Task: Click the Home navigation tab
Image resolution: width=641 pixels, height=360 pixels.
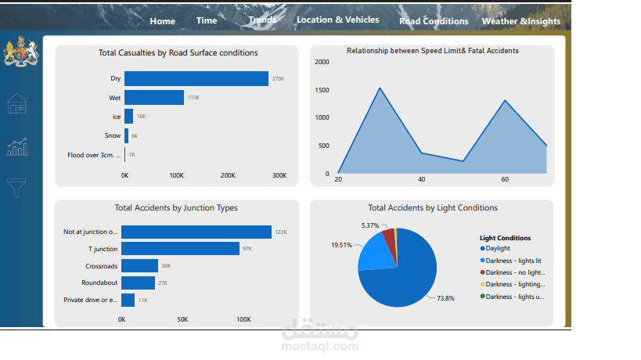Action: (163, 21)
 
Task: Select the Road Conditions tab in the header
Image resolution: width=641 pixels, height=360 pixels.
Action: (434, 21)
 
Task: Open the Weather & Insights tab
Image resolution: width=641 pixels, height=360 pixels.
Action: (521, 21)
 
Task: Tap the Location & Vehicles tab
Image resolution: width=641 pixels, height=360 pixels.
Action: (337, 20)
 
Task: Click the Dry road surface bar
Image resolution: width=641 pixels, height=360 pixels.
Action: (196, 79)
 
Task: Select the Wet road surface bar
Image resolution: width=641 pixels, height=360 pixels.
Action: (154, 98)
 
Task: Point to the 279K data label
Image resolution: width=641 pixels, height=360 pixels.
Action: (278, 79)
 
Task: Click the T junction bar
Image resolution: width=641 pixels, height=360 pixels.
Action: (180, 248)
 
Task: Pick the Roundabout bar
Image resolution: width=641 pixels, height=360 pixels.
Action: (139, 283)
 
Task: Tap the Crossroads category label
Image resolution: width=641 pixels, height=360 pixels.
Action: (103, 266)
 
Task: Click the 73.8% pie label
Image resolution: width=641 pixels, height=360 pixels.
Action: (445, 298)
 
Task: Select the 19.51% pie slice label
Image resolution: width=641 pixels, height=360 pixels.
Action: (341, 245)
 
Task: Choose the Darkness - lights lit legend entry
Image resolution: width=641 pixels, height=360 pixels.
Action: (515, 260)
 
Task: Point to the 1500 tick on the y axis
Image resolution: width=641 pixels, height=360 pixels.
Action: (322, 90)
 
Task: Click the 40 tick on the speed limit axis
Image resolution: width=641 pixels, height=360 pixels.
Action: (422, 179)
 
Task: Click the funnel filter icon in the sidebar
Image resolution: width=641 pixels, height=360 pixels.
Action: (17, 187)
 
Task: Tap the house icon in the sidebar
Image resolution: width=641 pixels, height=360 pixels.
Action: (17, 103)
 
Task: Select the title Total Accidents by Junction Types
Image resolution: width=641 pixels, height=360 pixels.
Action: (176, 208)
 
